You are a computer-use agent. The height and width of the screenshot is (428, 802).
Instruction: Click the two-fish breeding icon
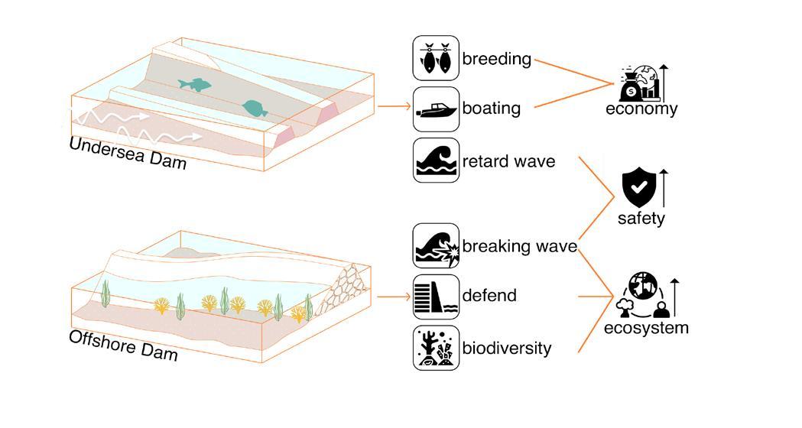pyautogui.click(x=436, y=58)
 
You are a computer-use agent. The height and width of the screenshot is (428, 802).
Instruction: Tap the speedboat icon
pyautogui.click(x=436, y=109)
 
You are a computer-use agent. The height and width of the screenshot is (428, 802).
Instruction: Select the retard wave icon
pyautogui.click(x=436, y=160)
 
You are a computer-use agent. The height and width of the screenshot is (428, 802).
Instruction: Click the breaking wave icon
pyautogui.click(x=436, y=246)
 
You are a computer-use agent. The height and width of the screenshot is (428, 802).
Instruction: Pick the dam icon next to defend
pyautogui.click(x=436, y=297)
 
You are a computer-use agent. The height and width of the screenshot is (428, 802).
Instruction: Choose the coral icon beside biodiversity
pyautogui.click(x=436, y=348)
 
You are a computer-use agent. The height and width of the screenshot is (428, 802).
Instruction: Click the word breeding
pyautogui.click(x=496, y=60)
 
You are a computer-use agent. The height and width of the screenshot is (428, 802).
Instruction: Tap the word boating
pyautogui.click(x=491, y=109)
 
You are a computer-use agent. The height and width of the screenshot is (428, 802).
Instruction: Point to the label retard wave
pyautogui.click(x=508, y=162)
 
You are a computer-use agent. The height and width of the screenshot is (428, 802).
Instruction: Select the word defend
pyautogui.click(x=489, y=296)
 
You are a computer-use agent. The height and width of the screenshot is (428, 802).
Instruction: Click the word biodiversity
pyautogui.click(x=506, y=349)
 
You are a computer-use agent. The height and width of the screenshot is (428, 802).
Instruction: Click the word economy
pyautogui.click(x=641, y=109)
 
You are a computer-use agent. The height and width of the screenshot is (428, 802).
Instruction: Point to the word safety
pyautogui.click(x=641, y=219)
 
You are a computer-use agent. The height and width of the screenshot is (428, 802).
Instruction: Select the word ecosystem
pyautogui.click(x=646, y=329)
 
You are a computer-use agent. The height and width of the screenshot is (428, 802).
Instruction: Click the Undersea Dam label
pyautogui.click(x=127, y=153)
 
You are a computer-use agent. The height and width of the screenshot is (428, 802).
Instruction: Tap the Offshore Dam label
pyautogui.click(x=123, y=345)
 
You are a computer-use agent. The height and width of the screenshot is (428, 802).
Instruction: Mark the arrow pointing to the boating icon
pyautogui.click(x=395, y=108)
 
